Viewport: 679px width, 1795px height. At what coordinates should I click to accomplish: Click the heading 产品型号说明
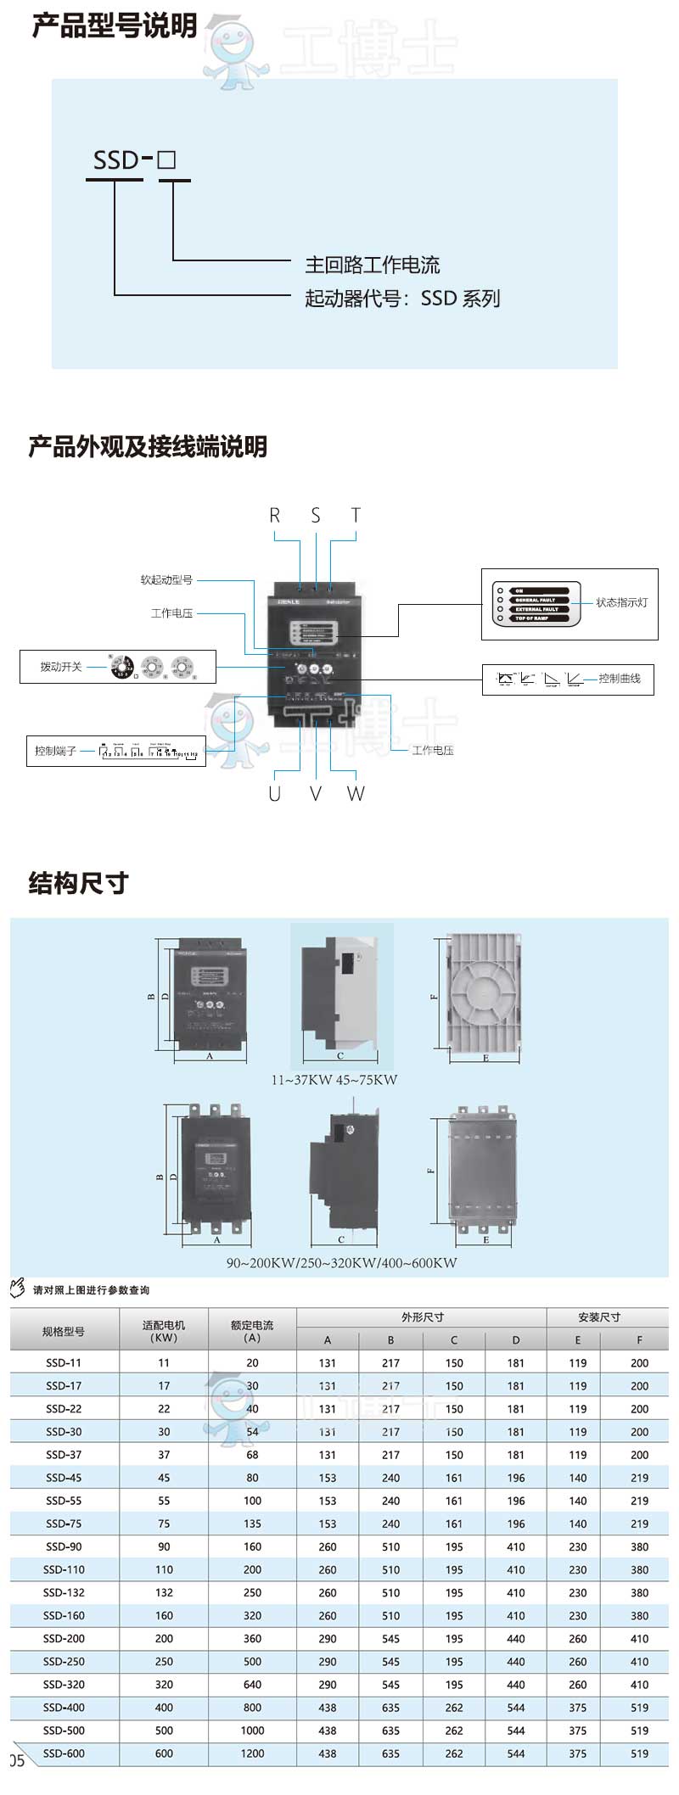click(x=115, y=25)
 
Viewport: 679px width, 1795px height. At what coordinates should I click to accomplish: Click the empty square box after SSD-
click(x=166, y=159)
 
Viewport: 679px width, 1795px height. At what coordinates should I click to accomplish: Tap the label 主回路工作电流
click(x=372, y=265)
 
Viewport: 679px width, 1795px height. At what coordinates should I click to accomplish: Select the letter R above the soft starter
click(x=274, y=515)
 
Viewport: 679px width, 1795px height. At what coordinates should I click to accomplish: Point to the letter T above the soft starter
click(x=356, y=515)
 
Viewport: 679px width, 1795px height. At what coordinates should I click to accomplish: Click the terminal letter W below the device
click(x=356, y=793)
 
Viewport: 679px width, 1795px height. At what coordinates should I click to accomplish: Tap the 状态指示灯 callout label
click(x=621, y=602)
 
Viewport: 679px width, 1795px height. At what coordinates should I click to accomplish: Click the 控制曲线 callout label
click(x=619, y=679)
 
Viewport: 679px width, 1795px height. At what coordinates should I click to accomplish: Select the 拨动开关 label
click(x=61, y=667)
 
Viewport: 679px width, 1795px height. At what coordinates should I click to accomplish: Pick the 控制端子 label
click(x=55, y=751)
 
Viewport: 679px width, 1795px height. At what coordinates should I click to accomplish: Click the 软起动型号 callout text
click(x=166, y=580)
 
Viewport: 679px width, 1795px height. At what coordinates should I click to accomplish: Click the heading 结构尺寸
click(x=78, y=883)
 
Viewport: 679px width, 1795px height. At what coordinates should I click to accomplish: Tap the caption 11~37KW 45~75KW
click(x=334, y=1080)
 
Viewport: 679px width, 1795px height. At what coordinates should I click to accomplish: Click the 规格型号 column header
click(x=64, y=1331)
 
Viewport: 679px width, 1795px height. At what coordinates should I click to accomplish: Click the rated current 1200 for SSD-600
click(x=252, y=1753)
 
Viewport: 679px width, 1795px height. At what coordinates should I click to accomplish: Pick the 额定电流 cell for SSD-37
click(x=252, y=1455)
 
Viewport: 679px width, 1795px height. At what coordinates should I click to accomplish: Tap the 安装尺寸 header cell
click(x=599, y=1317)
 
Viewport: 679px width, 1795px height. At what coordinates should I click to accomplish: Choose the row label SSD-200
click(x=64, y=1638)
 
